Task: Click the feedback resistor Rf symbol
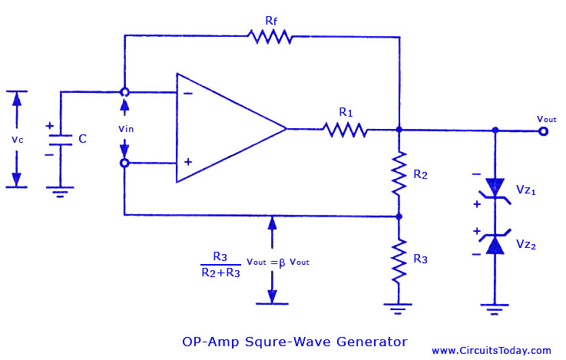(x=270, y=37)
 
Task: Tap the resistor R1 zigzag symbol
(x=345, y=130)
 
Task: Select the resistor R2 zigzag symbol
(x=399, y=174)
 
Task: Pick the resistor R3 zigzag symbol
(x=399, y=260)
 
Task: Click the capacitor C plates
(x=60, y=140)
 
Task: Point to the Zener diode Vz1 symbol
(x=495, y=189)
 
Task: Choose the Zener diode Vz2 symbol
(x=495, y=241)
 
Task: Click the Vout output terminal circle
(x=543, y=131)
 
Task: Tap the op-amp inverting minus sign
(x=188, y=94)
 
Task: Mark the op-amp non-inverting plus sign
(x=188, y=162)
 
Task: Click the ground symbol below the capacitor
(x=60, y=192)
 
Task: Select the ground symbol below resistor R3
(x=398, y=309)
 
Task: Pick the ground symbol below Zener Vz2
(x=495, y=309)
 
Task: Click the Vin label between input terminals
(x=126, y=129)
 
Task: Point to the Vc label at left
(x=18, y=140)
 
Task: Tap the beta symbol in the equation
(x=282, y=263)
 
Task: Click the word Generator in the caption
(x=372, y=342)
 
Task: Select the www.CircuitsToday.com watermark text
(x=492, y=351)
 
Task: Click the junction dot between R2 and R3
(x=399, y=216)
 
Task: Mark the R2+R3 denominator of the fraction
(x=220, y=272)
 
